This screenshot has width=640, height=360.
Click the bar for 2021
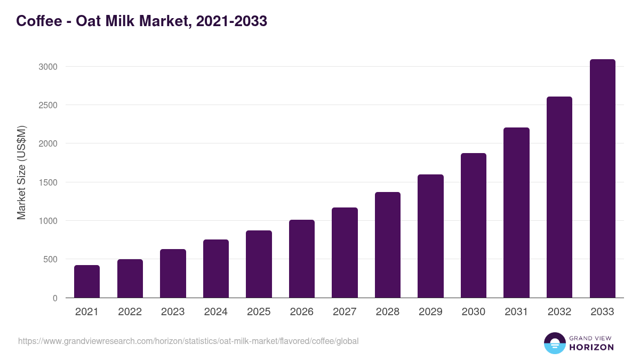pyautogui.click(x=87, y=281)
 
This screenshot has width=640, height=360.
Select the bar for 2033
pyautogui.click(x=602, y=178)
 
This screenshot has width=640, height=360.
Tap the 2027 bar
pyautogui.click(x=345, y=252)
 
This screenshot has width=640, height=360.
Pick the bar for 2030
pyautogui.click(x=474, y=225)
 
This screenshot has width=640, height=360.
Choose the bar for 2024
pyautogui.click(x=216, y=268)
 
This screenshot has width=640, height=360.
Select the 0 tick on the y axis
pyautogui.click(x=55, y=298)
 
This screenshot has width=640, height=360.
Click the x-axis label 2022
pyautogui.click(x=130, y=312)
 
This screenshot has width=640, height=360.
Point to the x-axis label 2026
pyautogui.click(x=302, y=312)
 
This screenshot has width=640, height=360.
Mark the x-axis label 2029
pyautogui.click(x=430, y=312)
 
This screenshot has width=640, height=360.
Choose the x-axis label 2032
pyautogui.click(x=559, y=312)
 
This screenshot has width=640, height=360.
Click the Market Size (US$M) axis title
pyautogui.click(x=21, y=172)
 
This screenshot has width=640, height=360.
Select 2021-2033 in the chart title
pyautogui.click(x=231, y=21)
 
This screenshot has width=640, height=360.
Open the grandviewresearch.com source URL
pyautogui.click(x=188, y=341)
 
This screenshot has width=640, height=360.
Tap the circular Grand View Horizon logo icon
pyautogui.click(x=554, y=343)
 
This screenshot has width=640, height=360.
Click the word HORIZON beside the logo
pyautogui.click(x=591, y=347)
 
